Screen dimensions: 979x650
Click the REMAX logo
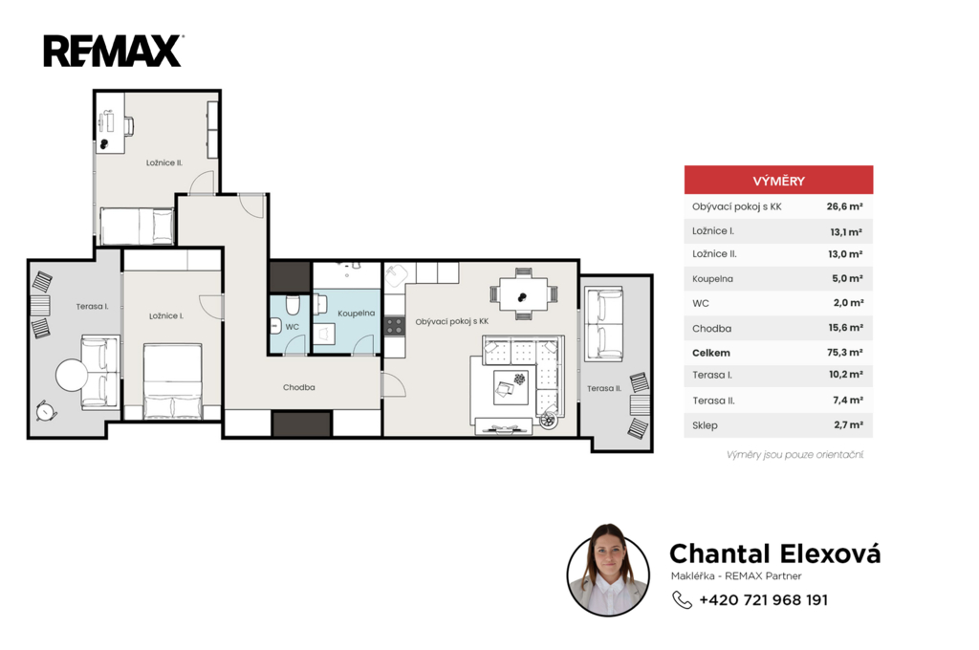(x=113, y=52)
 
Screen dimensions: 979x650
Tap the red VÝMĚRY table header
(x=778, y=180)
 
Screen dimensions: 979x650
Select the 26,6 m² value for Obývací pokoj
(x=845, y=206)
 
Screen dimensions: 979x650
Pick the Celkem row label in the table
(x=711, y=353)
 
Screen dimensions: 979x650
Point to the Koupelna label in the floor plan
(x=356, y=314)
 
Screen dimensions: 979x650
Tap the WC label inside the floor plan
(x=293, y=327)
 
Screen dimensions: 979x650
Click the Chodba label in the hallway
(x=299, y=387)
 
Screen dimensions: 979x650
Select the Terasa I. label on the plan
(x=93, y=307)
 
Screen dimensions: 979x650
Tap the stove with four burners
(x=394, y=326)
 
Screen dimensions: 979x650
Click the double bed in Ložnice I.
(x=173, y=380)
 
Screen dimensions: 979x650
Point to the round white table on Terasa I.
(x=72, y=375)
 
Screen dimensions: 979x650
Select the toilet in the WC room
(x=293, y=305)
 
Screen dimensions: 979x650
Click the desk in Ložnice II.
(x=110, y=130)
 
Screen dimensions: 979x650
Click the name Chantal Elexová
(x=774, y=553)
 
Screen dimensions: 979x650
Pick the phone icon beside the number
(x=682, y=600)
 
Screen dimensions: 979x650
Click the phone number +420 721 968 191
(x=764, y=600)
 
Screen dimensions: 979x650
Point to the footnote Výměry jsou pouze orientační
(x=794, y=455)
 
